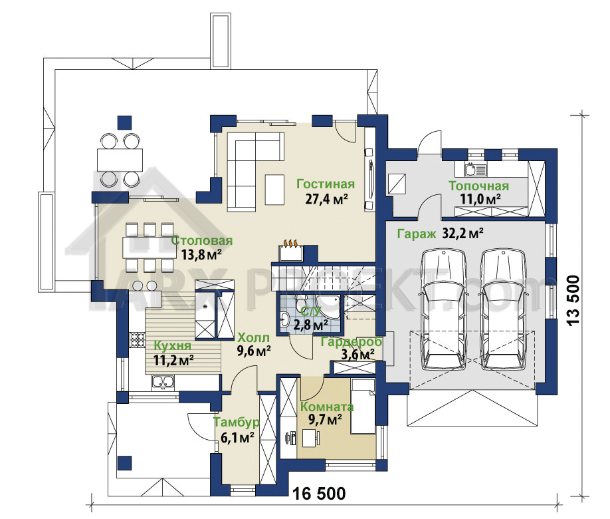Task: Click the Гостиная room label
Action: [x=326, y=184]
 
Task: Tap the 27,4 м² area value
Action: [x=326, y=199]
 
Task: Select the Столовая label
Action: [x=202, y=240]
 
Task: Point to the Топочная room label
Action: [x=478, y=186]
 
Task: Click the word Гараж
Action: [x=417, y=234]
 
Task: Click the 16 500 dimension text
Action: [x=318, y=494]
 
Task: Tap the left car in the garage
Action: [x=444, y=310]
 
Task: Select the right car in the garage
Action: [x=503, y=310]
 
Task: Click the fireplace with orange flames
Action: [x=291, y=252]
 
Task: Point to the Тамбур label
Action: [x=237, y=423]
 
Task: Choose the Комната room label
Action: [x=327, y=407]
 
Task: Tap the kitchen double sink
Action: [x=163, y=382]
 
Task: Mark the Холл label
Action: [x=253, y=337]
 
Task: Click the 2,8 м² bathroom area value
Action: [x=311, y=324]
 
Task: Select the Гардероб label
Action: [x=352, y=342]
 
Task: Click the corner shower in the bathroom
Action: [x=328, y=307]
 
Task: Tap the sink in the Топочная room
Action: [x=475, y=170]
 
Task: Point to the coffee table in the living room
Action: [x=274, y=190]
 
